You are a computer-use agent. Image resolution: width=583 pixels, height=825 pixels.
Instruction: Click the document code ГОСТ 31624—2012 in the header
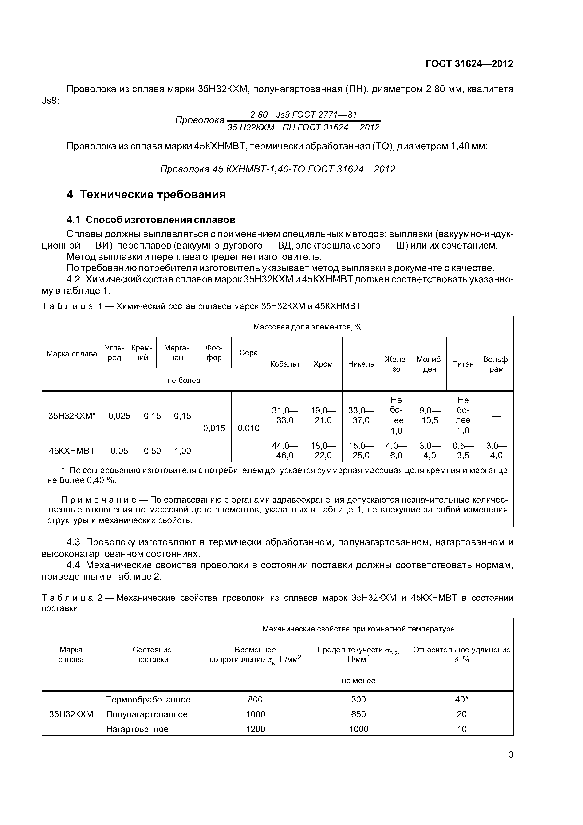[469, 64]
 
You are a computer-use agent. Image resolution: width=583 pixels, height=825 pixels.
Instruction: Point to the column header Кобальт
[285, 364]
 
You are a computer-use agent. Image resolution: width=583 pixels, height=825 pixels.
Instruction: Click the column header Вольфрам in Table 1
[496, 364]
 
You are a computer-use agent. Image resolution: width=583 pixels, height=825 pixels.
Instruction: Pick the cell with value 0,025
[119, 416]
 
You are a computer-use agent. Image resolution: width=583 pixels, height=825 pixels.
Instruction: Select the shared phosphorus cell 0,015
[214, 428]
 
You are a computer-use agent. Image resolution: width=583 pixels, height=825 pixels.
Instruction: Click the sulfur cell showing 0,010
[248, 428]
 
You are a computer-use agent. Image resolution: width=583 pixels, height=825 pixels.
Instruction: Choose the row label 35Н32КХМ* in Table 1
[72, 416]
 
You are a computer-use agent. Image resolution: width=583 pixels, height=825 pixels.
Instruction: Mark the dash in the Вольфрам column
[496, 416]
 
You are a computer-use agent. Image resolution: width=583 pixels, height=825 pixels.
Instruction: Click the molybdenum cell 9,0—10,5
[430, 415]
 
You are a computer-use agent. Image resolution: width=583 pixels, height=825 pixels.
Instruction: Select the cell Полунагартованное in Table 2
[147, 714]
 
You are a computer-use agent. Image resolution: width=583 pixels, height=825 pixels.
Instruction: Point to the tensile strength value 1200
[255, 729]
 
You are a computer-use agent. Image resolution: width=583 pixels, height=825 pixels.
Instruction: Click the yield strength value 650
[358, 714]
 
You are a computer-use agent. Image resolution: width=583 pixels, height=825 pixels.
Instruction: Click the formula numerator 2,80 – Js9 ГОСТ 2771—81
[303, 115]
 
